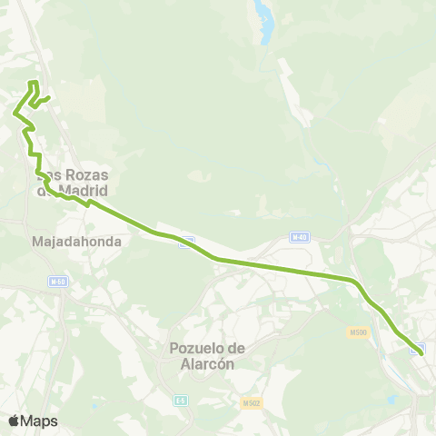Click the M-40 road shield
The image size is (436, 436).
(300, 237)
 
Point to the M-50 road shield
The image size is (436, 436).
(59, 282)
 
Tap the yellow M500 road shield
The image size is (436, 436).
(357, 333)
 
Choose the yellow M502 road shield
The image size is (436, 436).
(253, 402)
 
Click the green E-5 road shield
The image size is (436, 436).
(181, 400)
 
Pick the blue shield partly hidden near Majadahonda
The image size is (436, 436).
(186, 242)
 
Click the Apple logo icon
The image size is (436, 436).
(14, 421)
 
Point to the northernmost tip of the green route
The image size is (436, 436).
(34, 83)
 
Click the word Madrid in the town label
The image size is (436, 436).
(82, 191)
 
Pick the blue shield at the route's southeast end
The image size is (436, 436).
(420, 348)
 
